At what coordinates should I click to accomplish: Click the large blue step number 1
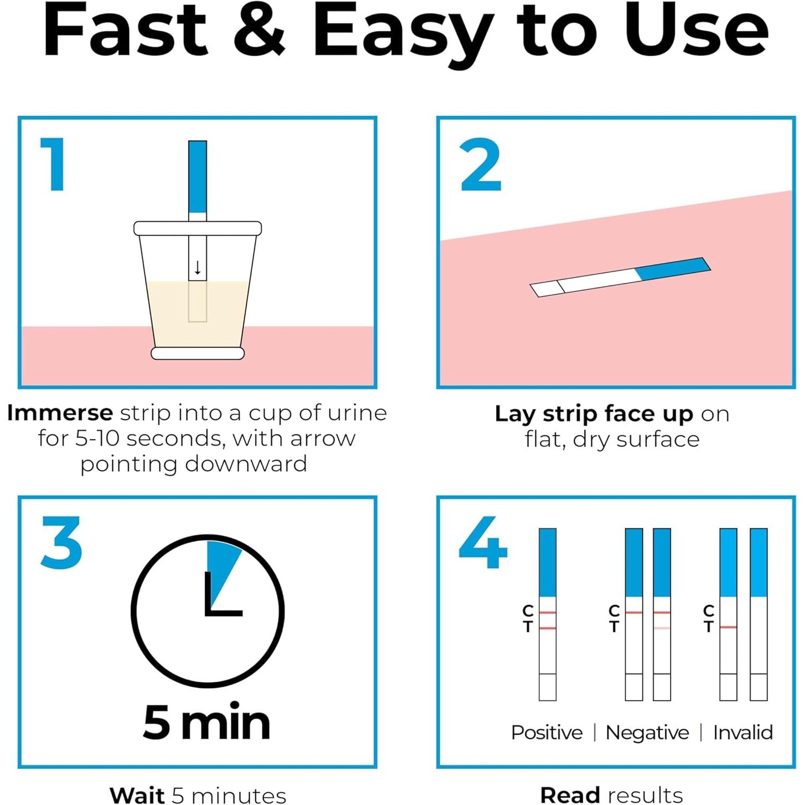(x=53, y=164)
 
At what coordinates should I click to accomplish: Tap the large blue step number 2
(x=480, y=164)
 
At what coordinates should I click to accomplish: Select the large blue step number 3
(x=62, y=542)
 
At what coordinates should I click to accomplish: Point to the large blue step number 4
(x=483, y=542)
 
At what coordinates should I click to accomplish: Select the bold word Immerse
(x=60, y=413)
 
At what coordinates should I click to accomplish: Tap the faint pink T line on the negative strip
(x=662, y=628)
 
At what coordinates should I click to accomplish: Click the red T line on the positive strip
(x=548, y=628)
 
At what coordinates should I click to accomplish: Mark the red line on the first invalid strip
(x=728, y=627)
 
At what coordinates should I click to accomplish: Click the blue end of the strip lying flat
(x=672, y=269)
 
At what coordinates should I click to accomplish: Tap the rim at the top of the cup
(x=198, y=228)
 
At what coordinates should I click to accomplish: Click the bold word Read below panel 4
(x=570, y=795)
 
